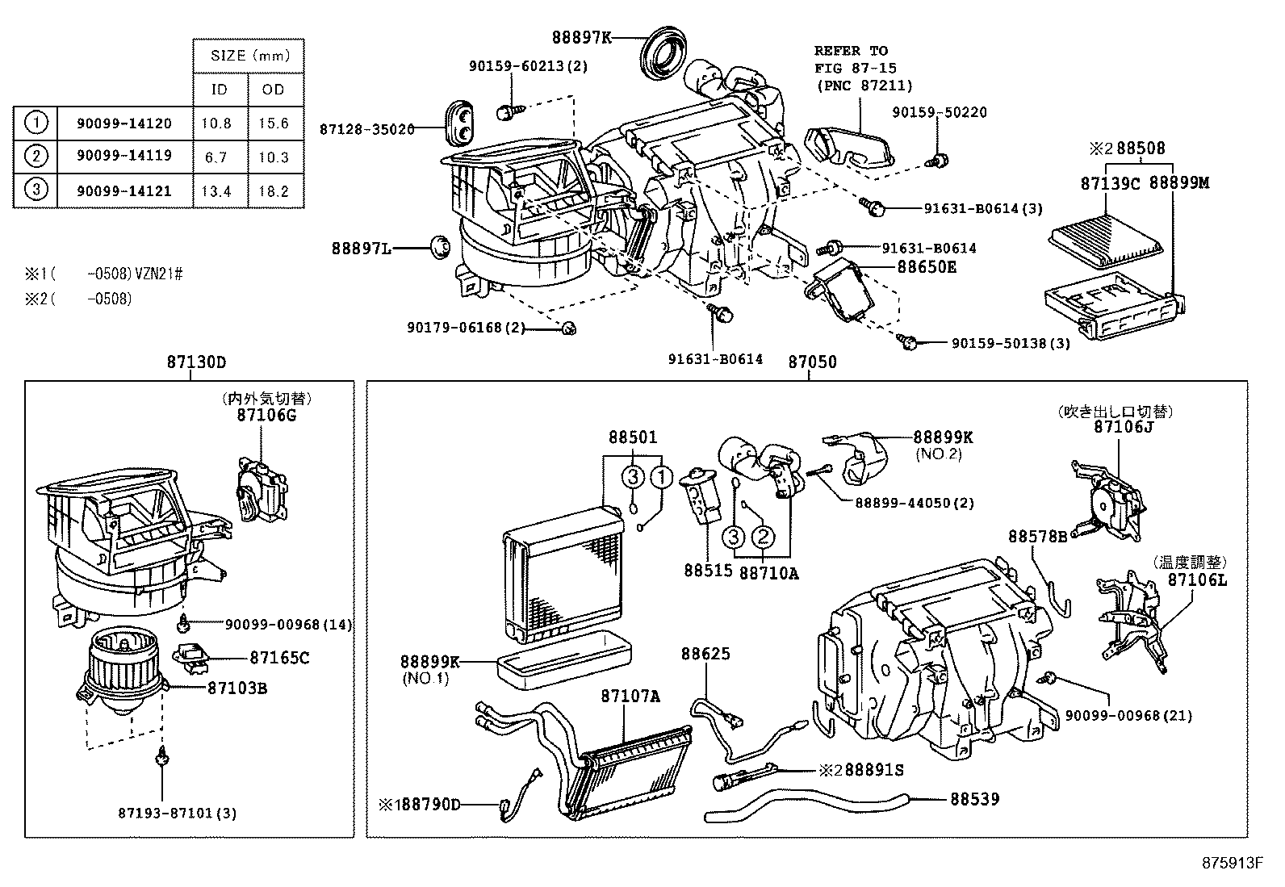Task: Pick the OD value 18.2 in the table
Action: [274, 191]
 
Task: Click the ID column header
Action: [220, 90]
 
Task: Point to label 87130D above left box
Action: [197, 362]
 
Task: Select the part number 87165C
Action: [278, 657]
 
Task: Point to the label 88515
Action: [708, 570]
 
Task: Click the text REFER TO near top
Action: [851, 51]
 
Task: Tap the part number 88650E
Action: [927, 266]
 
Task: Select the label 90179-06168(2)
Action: [466, 327]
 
